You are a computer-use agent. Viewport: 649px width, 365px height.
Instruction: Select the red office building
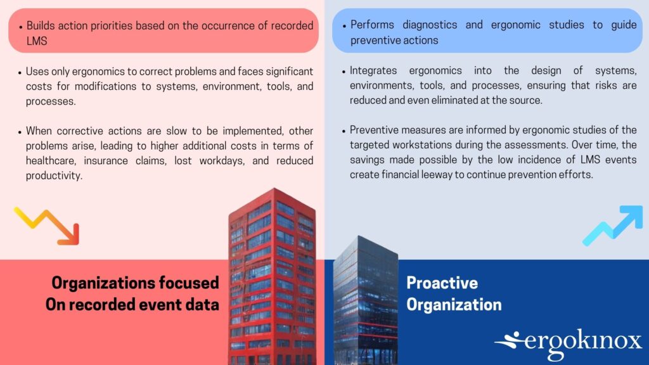coord(272,276)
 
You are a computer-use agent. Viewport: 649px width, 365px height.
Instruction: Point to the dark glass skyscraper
coord(366,300)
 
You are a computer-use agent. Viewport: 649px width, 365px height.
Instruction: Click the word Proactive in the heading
coord(442,283)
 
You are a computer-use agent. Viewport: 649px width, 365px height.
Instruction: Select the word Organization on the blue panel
coord(454,305)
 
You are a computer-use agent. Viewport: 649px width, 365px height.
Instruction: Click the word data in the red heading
coord(202,305)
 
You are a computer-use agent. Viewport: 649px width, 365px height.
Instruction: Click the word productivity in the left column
coord(53,176)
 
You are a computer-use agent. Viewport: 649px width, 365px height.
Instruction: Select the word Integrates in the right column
coord(373,71)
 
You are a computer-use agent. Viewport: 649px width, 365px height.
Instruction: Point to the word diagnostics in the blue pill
coord(430,25)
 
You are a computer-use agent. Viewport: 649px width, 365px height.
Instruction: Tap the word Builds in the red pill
coord(41,25)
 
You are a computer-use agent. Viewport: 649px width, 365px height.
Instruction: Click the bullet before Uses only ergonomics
coord(20,73)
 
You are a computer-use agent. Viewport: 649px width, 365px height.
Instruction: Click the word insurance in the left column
coord(106,160)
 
